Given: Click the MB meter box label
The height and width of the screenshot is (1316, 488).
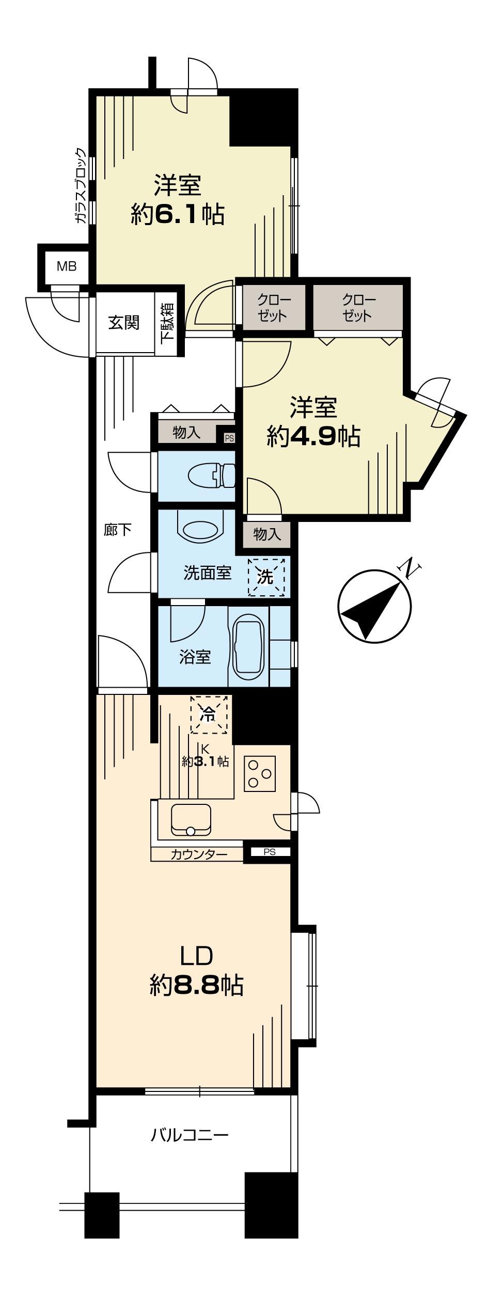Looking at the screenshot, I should click(67, 266).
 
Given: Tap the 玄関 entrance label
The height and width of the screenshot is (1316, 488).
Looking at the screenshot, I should click(124, 323).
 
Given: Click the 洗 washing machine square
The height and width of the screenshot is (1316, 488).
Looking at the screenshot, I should click(266, 577).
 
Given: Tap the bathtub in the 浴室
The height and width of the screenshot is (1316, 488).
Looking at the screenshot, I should click(249, 645).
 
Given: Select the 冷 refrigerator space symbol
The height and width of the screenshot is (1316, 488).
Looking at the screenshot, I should click(209, 715).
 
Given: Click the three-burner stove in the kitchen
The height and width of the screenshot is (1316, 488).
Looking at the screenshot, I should click(259, 773).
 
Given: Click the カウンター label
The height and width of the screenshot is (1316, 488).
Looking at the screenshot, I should click(199, 854).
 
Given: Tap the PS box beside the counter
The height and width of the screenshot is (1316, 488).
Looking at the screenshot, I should click(270, 852).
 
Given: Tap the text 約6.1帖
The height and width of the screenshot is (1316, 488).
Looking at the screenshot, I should click(178, 214).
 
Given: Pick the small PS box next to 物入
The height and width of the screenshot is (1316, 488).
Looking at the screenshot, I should click(229, 438).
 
